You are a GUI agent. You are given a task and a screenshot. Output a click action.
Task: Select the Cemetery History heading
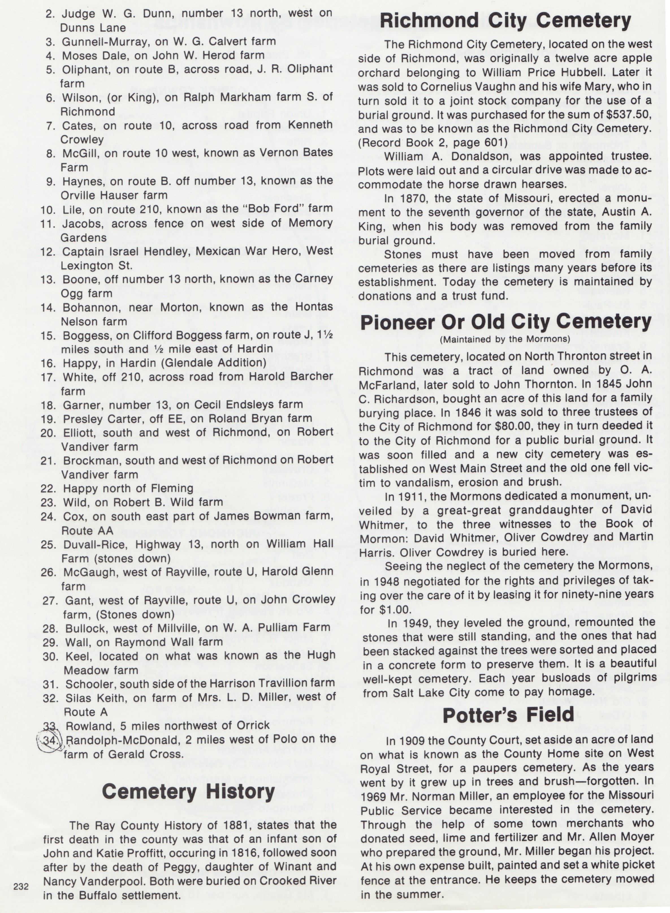pyautogui.click(x=188, y=791)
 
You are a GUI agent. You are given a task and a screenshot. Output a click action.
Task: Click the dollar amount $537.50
pyautogui.click(x=630, y=115)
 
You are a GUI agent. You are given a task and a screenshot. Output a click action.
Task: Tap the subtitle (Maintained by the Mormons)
pyautogui.click(x=505, y=339)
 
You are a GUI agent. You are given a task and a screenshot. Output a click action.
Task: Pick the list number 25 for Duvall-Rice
pyautogui.click(x=49, y=544)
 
